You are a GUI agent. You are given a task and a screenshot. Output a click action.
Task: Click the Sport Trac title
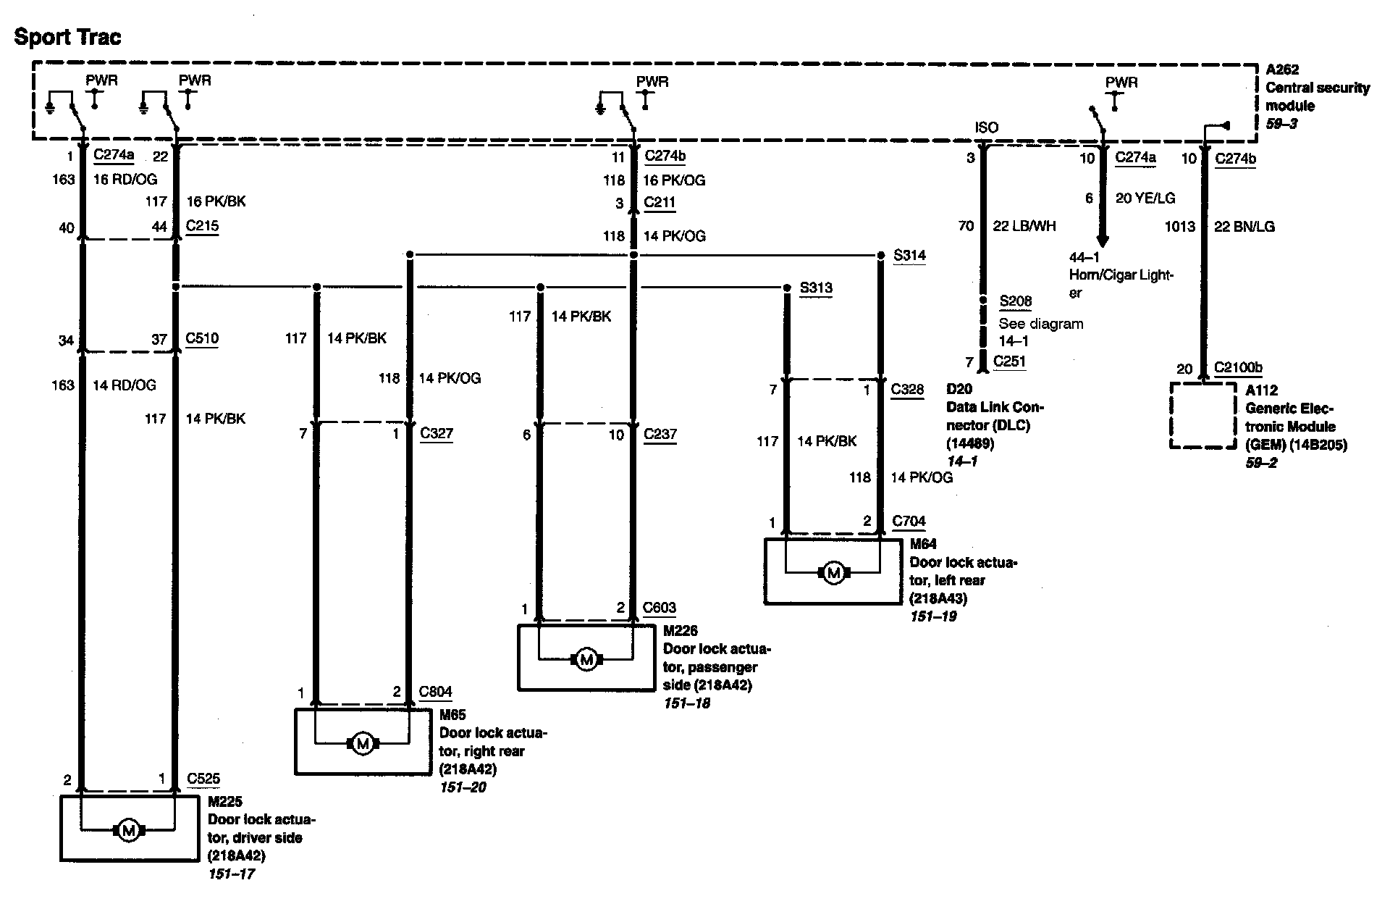point(68,37)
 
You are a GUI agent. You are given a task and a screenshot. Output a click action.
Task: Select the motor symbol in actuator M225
point(128,830)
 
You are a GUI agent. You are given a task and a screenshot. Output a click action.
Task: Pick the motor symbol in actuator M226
point(586,659)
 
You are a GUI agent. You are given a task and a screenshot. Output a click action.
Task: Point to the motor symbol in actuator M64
point(833,573)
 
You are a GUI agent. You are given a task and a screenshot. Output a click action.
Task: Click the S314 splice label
point(909,256)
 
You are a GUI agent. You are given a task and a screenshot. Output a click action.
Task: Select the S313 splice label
point(816,288)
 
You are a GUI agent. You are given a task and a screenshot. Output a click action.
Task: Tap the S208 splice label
point(1015,301)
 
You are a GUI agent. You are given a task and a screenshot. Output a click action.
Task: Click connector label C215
point(202,226)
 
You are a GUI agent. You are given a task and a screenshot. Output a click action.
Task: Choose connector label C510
point(202,338)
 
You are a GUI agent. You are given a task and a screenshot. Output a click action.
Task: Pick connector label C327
point(437,433)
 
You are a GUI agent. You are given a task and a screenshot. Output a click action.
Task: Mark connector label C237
point(660,434)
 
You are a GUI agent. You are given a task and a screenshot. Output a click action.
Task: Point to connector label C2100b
point(1238,367)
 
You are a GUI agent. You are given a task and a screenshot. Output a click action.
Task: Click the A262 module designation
point(1282,70)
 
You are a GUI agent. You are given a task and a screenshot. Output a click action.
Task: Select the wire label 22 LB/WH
point(1024,226)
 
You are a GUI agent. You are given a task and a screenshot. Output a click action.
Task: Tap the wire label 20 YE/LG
point(1145,198)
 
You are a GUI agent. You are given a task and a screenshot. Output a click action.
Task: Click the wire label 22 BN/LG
point(1244,226)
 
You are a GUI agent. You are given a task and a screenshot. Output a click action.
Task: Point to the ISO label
point(986,127)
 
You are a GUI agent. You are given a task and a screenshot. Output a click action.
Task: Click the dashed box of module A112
point(1203,416)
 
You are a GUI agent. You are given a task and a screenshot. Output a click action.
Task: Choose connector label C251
point(1009,361)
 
